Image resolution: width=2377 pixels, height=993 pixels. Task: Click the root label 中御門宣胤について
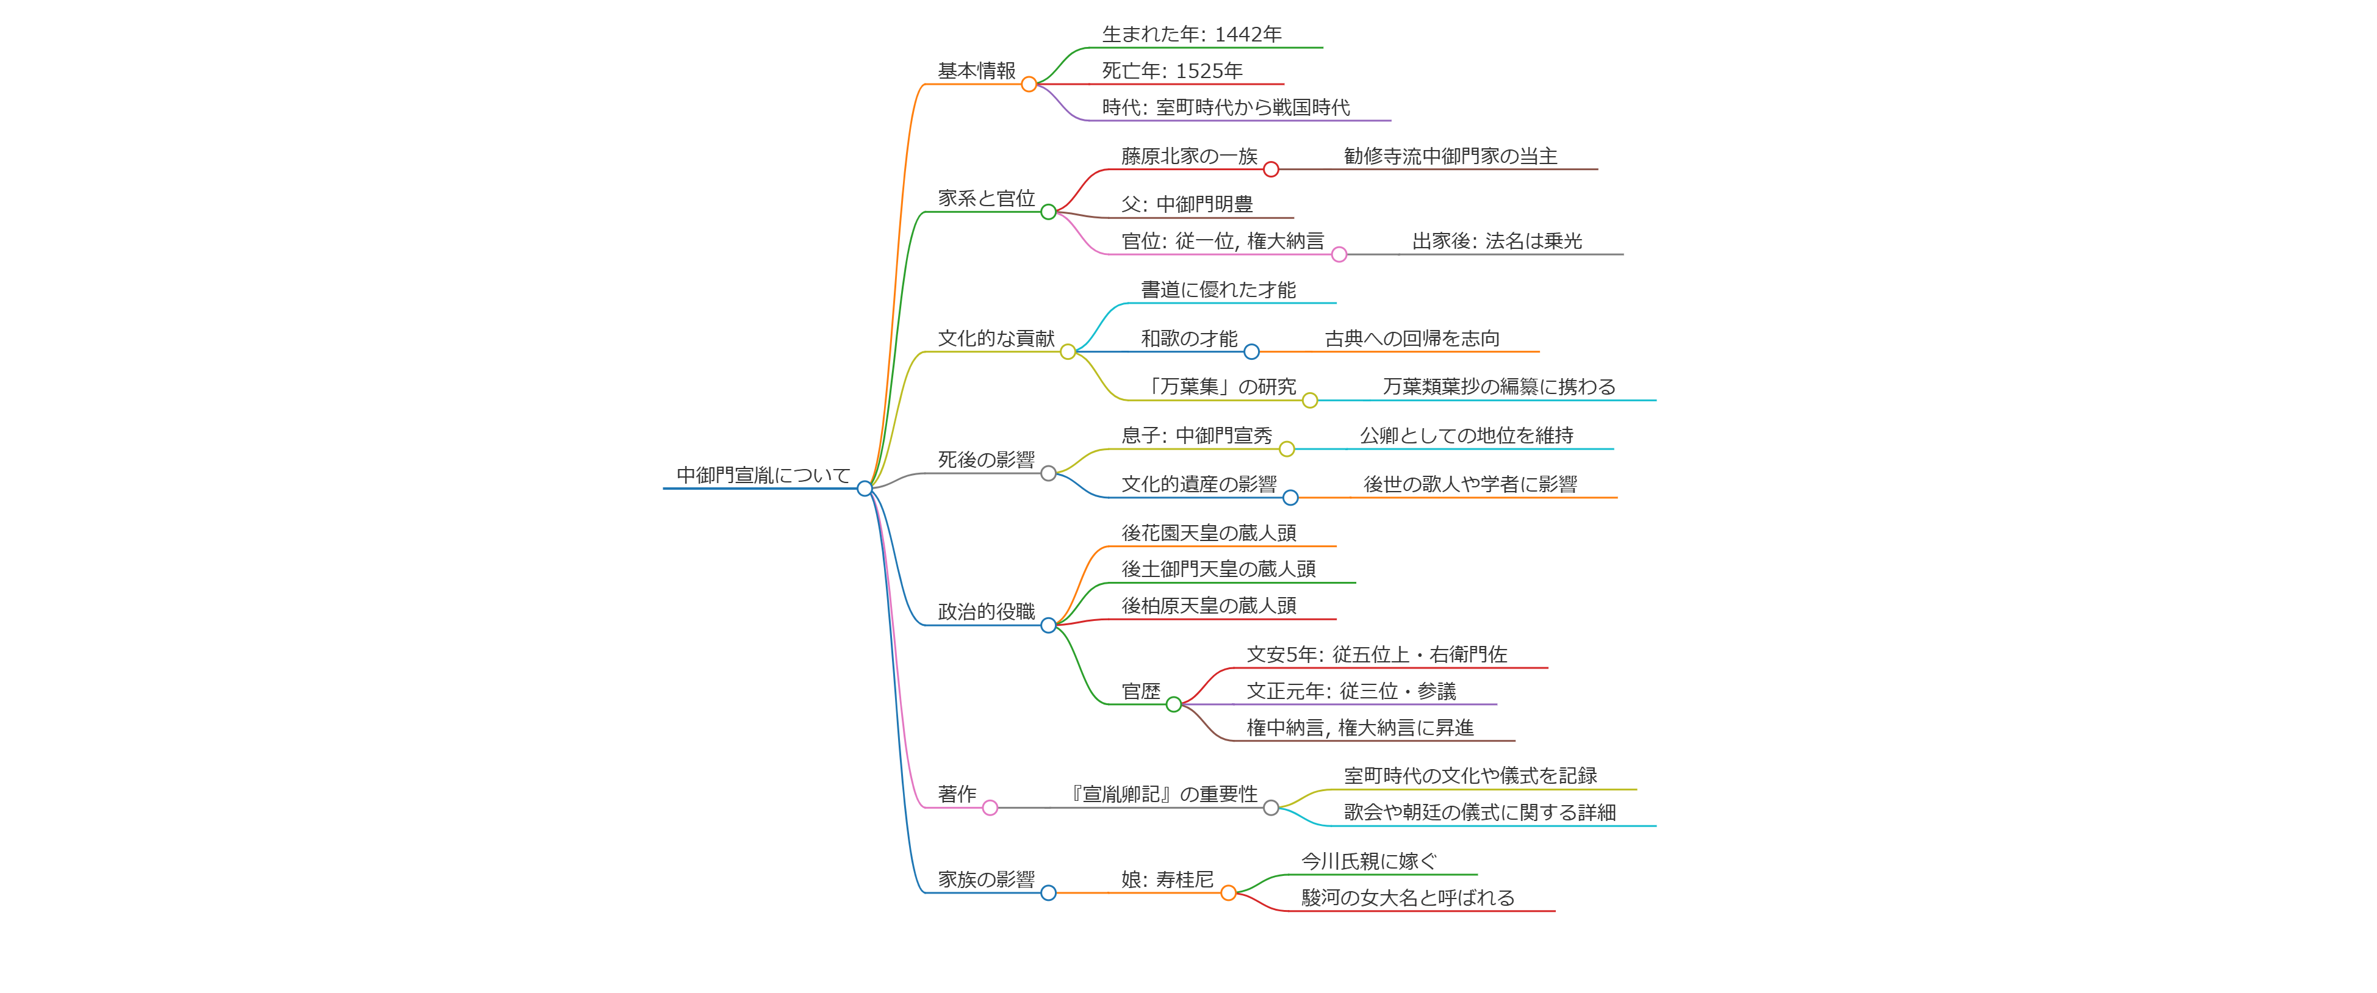pyautogui.click(x=763, y=475)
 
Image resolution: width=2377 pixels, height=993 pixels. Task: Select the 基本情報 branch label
pyautogui.click(x=976, y=71)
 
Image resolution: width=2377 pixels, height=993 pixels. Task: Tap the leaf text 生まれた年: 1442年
pyautogui.click(x=1192, y=35)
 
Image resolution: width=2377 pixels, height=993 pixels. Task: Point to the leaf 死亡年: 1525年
pyautogui.click(x=1172, y=71)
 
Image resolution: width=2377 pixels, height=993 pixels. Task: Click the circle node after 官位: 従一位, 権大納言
pyautogui.click(x=1339, y=255)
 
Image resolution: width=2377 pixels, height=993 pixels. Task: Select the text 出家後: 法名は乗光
pyautogui.click(x=1497, y=242)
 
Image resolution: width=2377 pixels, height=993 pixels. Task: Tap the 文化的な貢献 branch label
pyautogui.click(x=996, y=339)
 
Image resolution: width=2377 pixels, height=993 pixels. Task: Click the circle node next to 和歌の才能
pyautogui.click(x=1251, y=351)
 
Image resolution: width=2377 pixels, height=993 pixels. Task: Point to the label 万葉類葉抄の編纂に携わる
pyautogui.click(x=1498, y=387)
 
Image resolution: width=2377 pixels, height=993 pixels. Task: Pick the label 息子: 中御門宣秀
pyautogui.click(x=1196, y=436)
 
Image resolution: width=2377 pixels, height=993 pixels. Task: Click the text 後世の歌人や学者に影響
pyautogui.click(x=1470, y=484)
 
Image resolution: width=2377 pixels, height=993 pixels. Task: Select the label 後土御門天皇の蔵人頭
pyautogui.click(x=1218, y=570)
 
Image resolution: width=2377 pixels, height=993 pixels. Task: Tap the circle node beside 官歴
pyautogui.click(x=1174, y=705)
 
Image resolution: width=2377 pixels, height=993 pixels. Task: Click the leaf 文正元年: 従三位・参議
pyautogui.click(x=1351, y=691)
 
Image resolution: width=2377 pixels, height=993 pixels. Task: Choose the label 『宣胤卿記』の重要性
pyautogui.click(x=1163, y=795)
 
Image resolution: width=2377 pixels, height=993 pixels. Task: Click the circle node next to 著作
pyautogui.click(x=990, y=808)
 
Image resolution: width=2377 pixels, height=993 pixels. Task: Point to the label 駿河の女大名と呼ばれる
pyautogui.click(x=1407, y=898)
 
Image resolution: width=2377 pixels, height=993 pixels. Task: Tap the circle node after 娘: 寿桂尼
pyautogui.click(x=1228, y=894)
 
